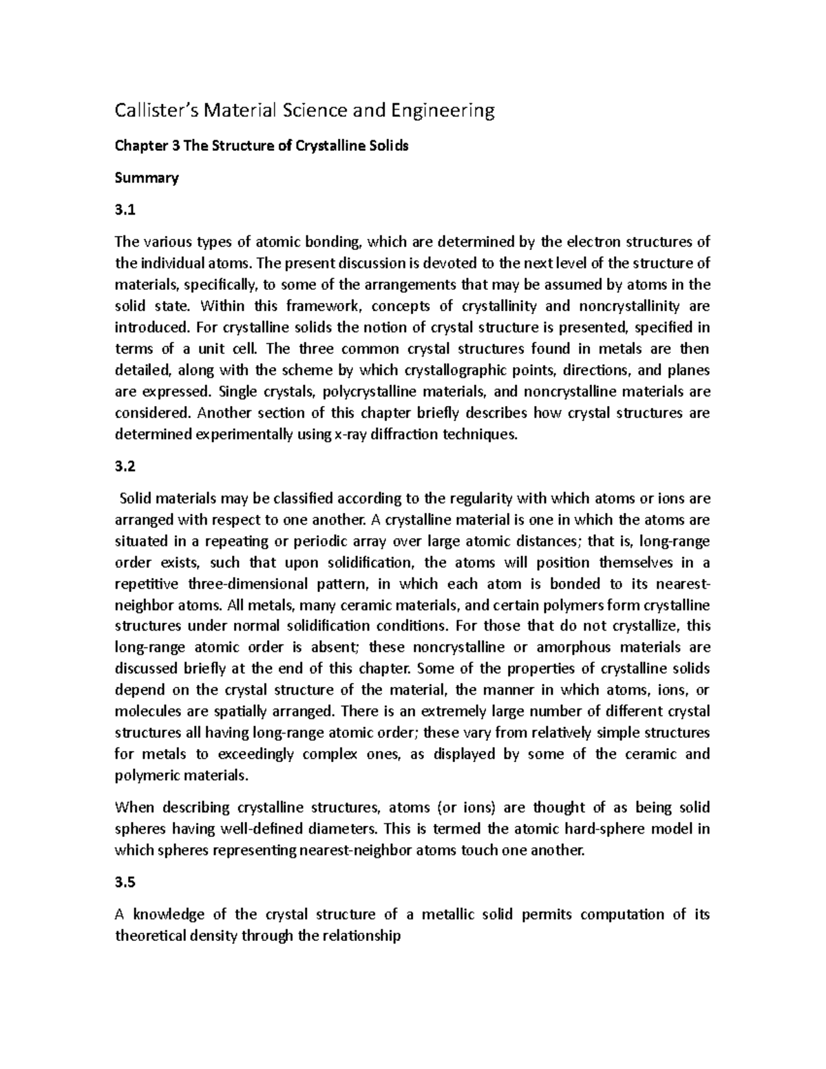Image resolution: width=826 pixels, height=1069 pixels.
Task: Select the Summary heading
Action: click(x=146, y=178)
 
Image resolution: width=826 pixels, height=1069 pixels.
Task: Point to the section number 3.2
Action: click(x=125, y=467)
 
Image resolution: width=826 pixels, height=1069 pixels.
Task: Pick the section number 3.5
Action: click(x=125, y=883)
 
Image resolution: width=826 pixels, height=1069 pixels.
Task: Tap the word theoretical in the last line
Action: click(x=150, y=936)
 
